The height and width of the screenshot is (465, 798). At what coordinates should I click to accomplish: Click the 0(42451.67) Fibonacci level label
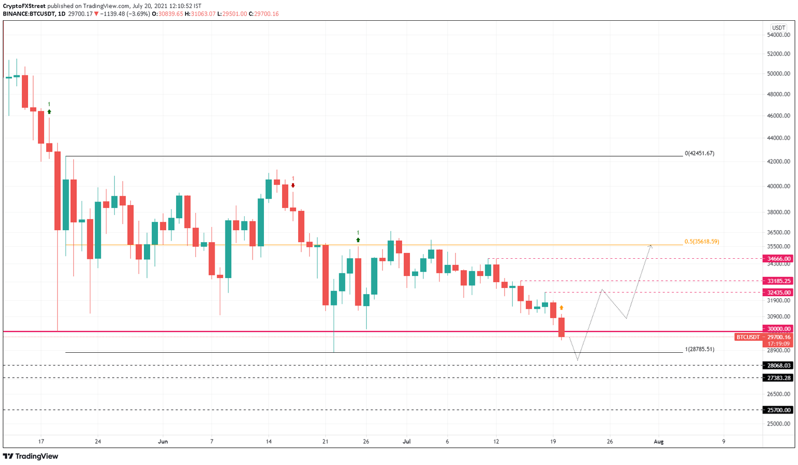point(699,153)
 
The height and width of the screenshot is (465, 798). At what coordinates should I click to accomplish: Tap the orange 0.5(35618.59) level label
point(702,242)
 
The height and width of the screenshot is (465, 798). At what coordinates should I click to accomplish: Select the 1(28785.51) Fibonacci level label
point(699,349)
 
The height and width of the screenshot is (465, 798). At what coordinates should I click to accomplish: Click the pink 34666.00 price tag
point(779,258)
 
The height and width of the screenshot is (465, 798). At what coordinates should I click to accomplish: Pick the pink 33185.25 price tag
point(779,281)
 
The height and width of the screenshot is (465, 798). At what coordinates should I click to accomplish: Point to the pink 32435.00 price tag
point(779,292)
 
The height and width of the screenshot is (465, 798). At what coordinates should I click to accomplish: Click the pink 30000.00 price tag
point(779,328)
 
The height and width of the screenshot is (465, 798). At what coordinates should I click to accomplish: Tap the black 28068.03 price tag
point(779,365)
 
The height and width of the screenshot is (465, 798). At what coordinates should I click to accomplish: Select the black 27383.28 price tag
point(779,378)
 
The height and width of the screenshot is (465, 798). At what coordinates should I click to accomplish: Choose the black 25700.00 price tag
point(779,410)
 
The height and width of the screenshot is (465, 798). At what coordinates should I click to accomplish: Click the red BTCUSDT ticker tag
point(748,337)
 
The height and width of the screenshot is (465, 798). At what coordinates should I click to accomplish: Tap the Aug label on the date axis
point(658,442)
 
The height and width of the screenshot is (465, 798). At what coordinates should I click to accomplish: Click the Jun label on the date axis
point(163,442)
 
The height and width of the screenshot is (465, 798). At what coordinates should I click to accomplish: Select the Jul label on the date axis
point(406,442)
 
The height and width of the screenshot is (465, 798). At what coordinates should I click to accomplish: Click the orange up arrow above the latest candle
point(562,308)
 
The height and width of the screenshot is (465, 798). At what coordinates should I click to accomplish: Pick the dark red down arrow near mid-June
point(293,185)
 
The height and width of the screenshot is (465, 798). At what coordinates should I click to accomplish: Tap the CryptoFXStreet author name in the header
point(24,6)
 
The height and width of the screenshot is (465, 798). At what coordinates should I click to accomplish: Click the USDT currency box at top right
point(778,28)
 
